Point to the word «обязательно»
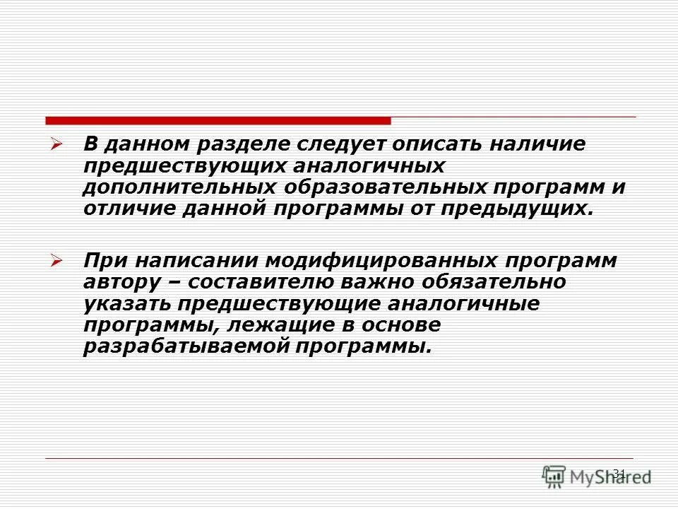pos(502,282)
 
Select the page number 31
pos(619,472)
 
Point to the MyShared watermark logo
pos(597,476)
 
